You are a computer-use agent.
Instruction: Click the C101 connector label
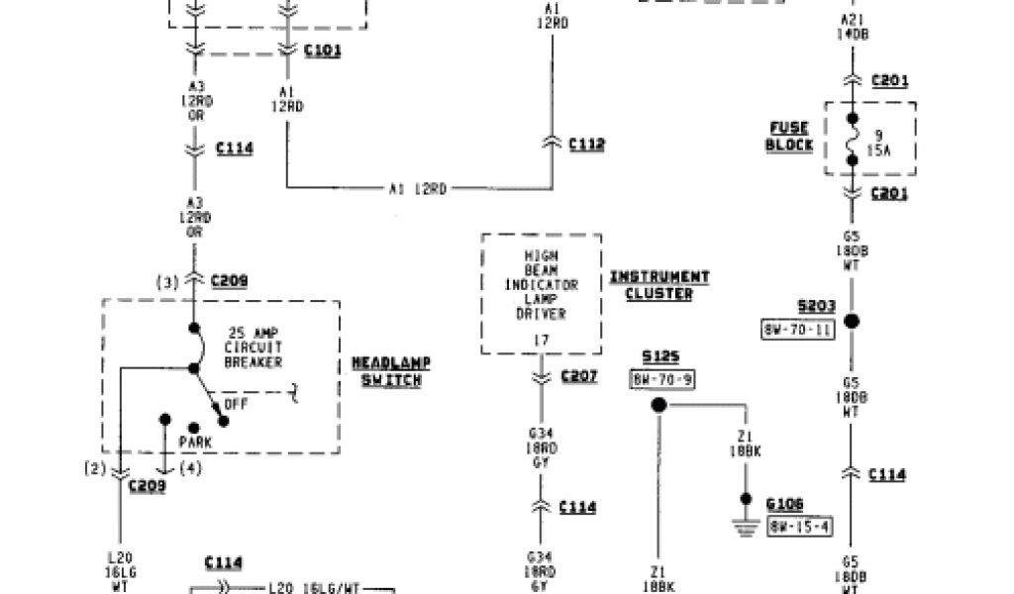323,50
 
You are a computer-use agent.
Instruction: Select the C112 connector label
586,145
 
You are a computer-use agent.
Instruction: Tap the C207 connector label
579,376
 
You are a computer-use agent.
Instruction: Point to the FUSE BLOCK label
790,137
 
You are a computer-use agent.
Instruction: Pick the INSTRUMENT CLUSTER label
659,285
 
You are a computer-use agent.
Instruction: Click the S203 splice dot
852,321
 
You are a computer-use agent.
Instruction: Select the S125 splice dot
658,406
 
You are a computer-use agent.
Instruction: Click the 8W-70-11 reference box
797,330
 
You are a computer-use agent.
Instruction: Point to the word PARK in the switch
195,440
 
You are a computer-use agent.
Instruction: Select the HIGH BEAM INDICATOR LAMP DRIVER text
541,285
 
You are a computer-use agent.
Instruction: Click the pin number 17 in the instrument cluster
541,340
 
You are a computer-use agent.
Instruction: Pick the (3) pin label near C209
168,282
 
